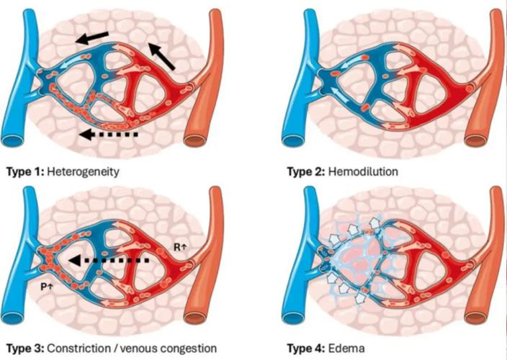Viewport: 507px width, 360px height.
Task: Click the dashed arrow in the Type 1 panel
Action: tap(108, 133)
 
